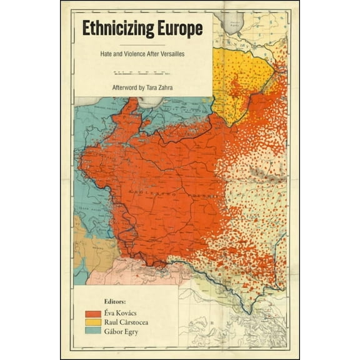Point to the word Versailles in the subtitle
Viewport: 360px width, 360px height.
point(171,54)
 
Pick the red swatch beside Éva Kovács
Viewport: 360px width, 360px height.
point(92,311)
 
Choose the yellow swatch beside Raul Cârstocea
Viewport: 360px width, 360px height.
point(92,322)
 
